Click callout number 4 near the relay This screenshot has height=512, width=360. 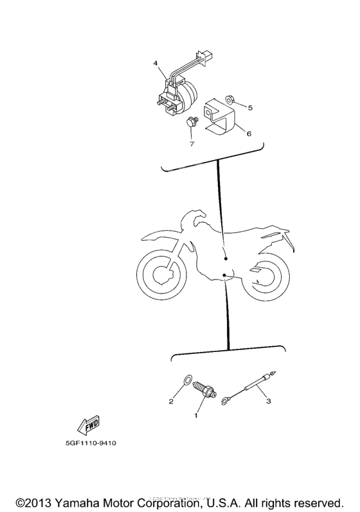(155, 64)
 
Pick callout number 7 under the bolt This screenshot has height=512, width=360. (192, 143)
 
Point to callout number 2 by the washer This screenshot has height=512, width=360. (171, 402)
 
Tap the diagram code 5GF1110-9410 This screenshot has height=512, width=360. (91, 443)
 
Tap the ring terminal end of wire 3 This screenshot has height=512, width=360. (226, 402)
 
